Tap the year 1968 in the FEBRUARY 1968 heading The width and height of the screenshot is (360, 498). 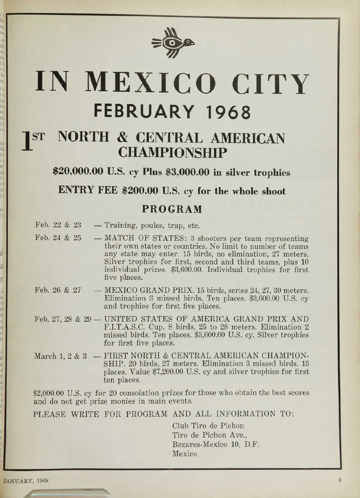tap(228, 112)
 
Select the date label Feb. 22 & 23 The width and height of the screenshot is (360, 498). tap(58, 225)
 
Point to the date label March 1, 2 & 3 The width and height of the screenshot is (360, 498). tap(61, 356)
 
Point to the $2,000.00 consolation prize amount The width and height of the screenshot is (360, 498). tap(49, 393)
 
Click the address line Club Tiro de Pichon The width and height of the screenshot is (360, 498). tap(208, 426)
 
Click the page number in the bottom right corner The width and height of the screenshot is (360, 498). tap(340, 479)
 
